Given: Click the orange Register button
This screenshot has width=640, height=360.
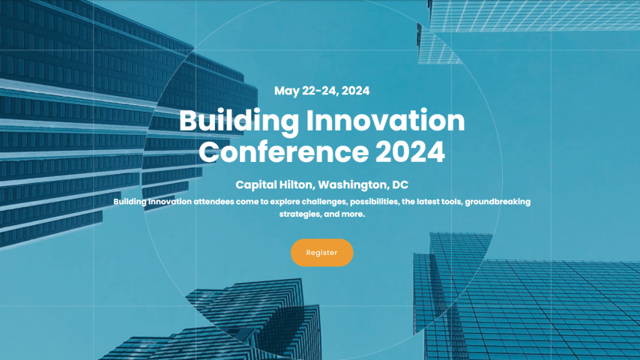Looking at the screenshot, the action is (x=321, y=253).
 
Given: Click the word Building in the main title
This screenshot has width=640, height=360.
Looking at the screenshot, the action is (x=239, y=121).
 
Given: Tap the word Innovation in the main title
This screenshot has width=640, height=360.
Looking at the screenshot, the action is (x=385, y=121).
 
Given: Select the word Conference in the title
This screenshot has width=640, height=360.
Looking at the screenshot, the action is (x=284, y=152).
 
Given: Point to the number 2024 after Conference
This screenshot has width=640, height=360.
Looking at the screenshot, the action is (x=410, y=152).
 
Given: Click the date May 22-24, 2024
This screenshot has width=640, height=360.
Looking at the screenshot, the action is (x=321, y=91).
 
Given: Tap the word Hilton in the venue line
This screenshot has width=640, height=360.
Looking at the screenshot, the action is (x=297, y=184).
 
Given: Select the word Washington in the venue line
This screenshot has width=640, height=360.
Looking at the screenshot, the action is (x=354, y=185).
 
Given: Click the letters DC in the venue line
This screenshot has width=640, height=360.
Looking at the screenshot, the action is (x=400, y=184).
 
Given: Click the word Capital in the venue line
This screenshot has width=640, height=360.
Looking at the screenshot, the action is (x=256, y=185).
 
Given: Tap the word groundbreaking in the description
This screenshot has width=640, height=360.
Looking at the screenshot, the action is (x=498, y=202).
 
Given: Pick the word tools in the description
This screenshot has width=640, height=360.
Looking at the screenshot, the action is (x=452, y=202).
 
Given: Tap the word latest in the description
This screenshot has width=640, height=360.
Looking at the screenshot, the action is (x=428, y=202).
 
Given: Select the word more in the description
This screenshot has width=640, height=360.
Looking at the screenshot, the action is (x=353, y=214).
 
